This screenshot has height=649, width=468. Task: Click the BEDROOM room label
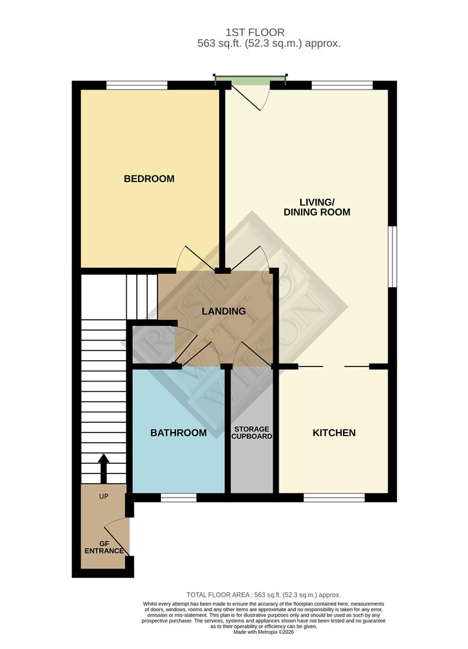149,178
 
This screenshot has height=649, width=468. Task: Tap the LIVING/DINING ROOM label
317,206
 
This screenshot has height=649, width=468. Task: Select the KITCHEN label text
334,433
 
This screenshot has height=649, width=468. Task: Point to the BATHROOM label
178,433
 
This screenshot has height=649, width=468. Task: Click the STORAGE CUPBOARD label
252,433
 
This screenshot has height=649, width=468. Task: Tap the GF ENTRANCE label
105,546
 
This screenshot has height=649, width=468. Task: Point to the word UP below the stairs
104,498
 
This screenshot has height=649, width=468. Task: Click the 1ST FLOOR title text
255,32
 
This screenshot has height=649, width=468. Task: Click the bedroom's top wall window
137,85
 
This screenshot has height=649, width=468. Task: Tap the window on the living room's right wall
392,257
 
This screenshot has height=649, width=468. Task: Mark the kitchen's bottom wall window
334,498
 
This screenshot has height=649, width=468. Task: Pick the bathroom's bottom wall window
179,498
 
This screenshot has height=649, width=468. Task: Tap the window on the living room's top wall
342,85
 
